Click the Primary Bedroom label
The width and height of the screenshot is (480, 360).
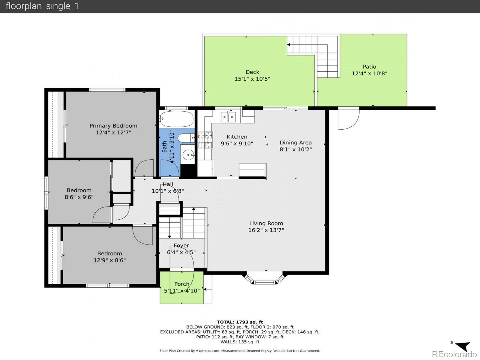click(113, 126)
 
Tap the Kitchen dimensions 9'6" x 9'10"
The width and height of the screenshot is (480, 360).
click(237, 143)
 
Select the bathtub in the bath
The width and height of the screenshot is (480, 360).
click(177, 119)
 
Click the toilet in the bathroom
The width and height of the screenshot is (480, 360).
click(186, 138)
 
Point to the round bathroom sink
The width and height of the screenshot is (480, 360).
click(188, 155)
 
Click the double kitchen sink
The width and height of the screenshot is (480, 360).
click(228, 117)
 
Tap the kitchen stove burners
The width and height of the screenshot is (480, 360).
click(205, 140)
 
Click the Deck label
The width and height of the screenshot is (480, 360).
click(252, 72)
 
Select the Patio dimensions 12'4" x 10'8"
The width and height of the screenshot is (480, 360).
click(369, 73)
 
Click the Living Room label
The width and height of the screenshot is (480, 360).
click(266, 223)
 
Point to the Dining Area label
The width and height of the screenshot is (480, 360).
click(296, 142)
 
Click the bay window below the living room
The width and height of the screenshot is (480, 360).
click(265, 279)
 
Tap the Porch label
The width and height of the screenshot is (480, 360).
click(182, 284)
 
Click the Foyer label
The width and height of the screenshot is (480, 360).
click(181, 245)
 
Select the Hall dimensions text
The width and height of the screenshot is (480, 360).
click(168, 191)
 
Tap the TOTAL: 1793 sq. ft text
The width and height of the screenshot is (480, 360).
click(240, 322)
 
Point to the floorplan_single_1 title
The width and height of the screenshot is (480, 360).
click(42, 6)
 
